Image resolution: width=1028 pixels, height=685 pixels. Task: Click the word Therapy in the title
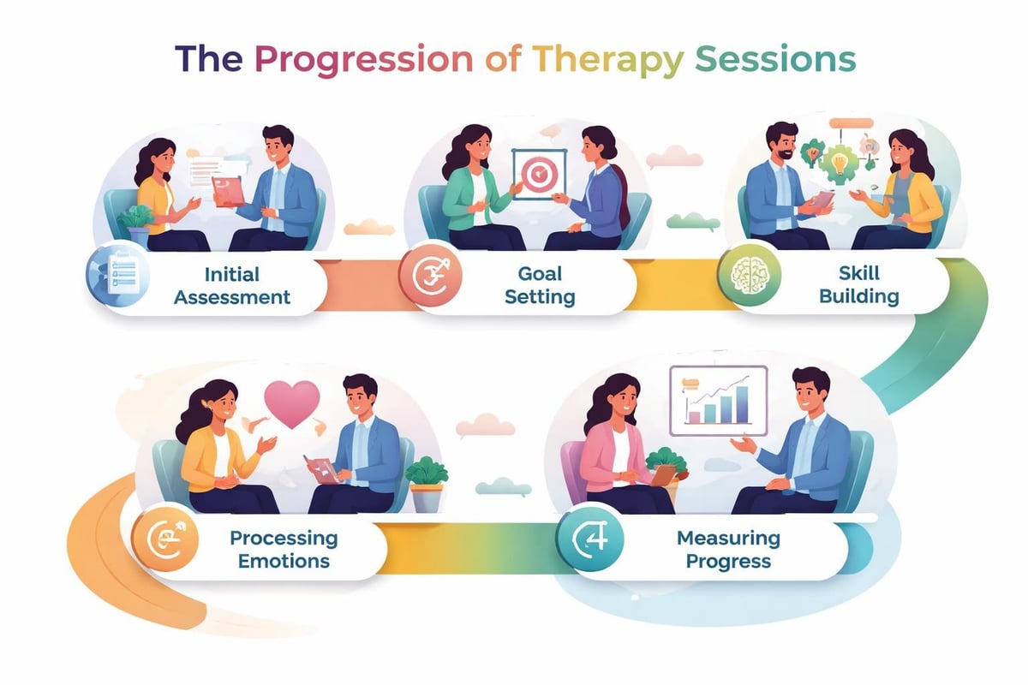(608, 60)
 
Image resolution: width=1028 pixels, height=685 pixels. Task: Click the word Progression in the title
(363, 60)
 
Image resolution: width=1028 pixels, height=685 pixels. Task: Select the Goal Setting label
(540, 285)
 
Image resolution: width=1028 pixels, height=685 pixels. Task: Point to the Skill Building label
(858, 285)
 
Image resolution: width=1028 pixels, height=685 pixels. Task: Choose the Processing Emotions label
(284, 550)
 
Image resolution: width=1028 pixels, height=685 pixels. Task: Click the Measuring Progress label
(728, 550)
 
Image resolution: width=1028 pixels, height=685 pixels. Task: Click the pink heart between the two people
(291, 402)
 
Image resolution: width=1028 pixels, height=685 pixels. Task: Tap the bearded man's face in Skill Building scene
(782, 143)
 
